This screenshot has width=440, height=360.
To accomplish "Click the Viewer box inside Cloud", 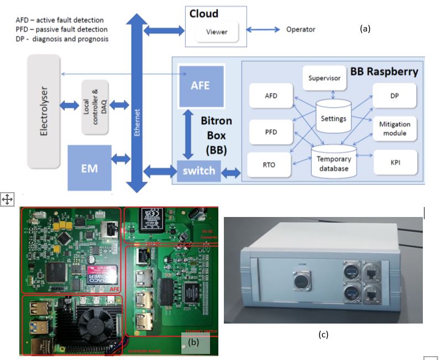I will [219, 32].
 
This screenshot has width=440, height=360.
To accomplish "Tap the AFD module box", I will [271, 96].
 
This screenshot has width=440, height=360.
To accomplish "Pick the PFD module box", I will [271, 132].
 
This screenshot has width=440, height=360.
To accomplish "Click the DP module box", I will [394, 96].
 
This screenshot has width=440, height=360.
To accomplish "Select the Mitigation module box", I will [394, 129].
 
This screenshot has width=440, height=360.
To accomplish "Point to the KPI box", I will [394, 164].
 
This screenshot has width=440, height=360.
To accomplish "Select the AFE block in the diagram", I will [201, 87].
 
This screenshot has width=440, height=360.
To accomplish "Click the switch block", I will [199, 171].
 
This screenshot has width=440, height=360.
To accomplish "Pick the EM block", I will [90, 165].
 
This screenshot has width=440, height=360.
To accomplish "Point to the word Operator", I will [301, 29].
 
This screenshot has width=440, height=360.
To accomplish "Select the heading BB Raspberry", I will [384, 71].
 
